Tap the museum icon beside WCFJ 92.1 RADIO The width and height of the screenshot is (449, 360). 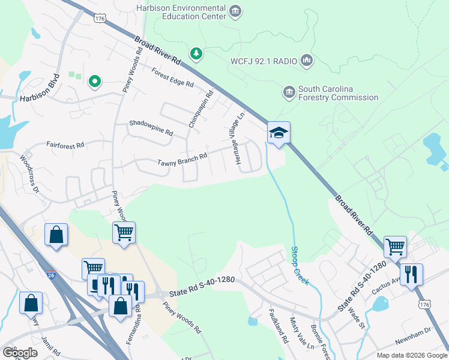[x=307, y=61]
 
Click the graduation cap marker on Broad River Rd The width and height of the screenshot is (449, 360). [x=279, y=132]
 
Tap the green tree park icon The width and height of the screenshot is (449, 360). [x=196, y=55]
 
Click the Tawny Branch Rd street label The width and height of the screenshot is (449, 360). [x=182, y=160]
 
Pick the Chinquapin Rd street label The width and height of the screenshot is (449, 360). [x=201, y=109]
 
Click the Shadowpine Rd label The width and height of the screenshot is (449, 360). [x=151, y=127]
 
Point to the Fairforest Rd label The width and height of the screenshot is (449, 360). [x=65, y=145]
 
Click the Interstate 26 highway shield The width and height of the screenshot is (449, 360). [x=52, y=274]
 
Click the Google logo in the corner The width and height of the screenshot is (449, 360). [x=19, y=352]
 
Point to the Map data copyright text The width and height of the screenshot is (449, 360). [x=411, y=355]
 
